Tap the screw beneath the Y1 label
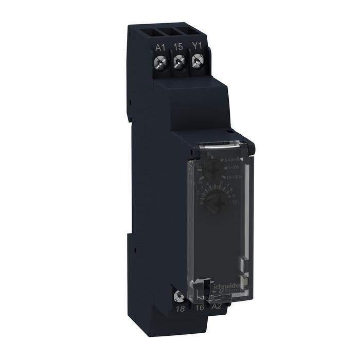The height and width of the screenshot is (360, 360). [196, 62]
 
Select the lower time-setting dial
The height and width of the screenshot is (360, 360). [212, 202]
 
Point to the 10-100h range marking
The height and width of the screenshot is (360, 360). [236, 177]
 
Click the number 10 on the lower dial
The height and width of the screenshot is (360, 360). [235, 203]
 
